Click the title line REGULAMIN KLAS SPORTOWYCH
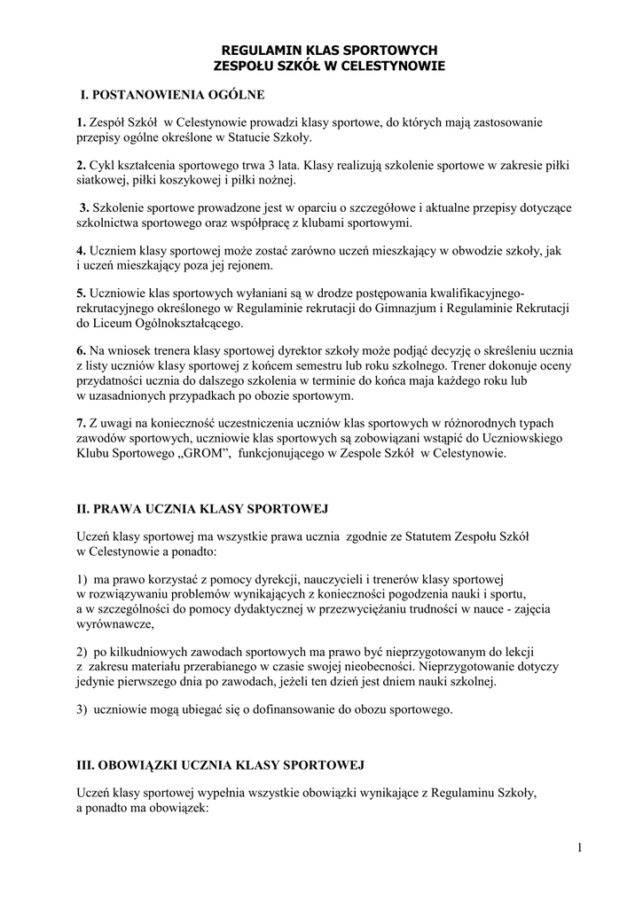(x=328, y=51)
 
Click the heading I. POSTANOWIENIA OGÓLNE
(x=172, y=93)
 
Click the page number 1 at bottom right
(x=579, y=849)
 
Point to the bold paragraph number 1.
(x=80, y=121)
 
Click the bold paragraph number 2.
(x=80, y=165)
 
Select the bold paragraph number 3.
(x=83, y=207)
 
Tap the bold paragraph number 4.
(x=80, y=251)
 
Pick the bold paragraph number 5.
(x=80, y=294)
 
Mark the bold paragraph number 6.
(x=80, y=351)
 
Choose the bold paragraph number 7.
(x=80, y=423)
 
